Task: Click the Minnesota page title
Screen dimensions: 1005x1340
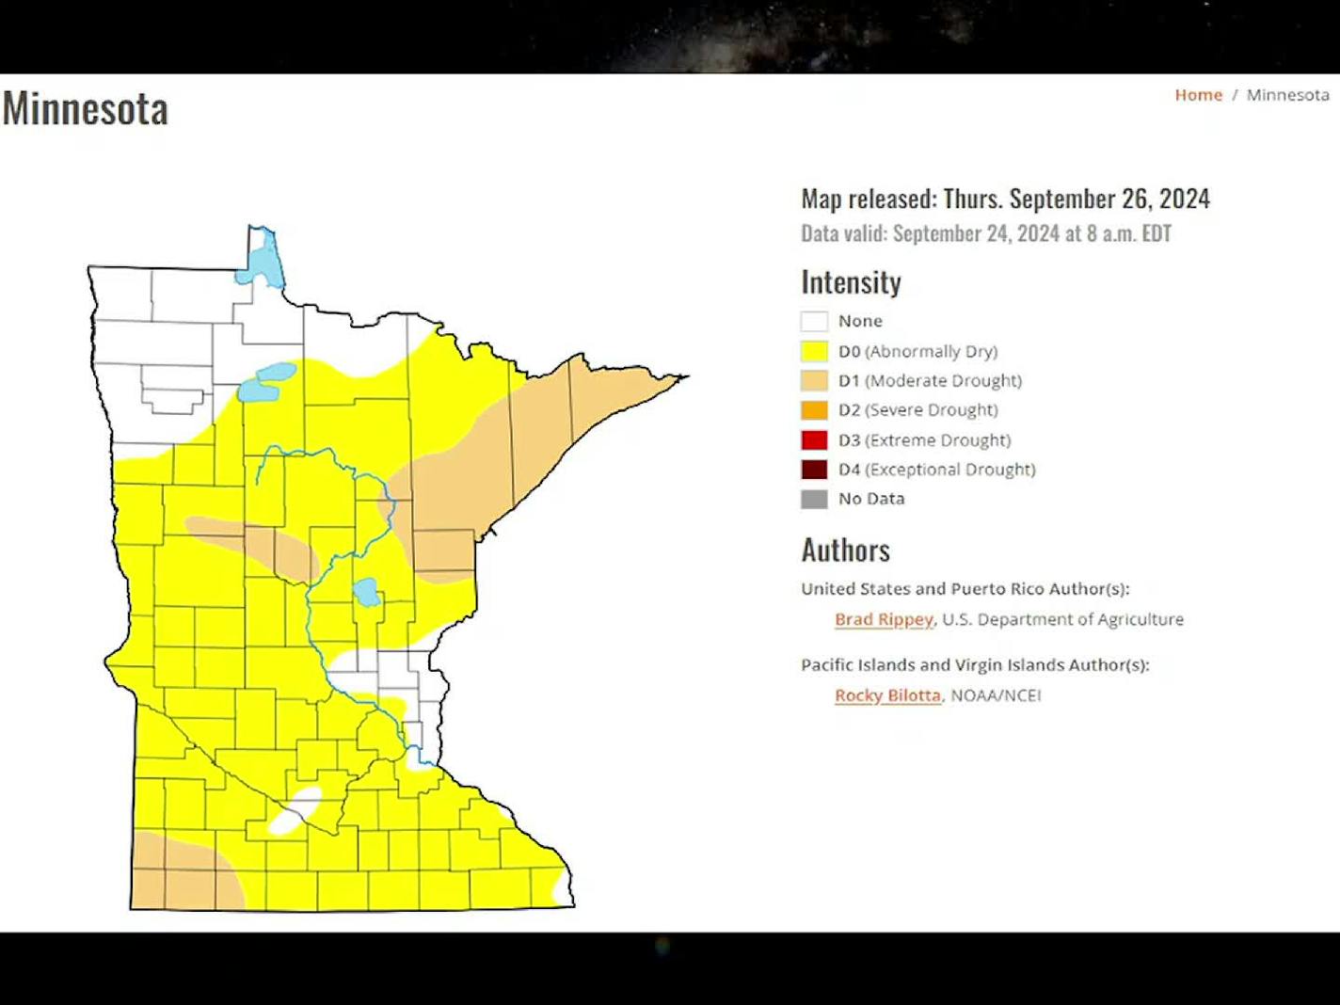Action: click(x=86, y=108)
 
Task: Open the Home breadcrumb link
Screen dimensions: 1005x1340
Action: click(x=1198, y=95)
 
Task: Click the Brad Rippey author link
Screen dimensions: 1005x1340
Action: click(x=883, y=619)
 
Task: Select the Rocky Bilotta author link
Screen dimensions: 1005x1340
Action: click(x=887, y=695)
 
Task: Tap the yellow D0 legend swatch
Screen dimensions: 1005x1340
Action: click(x=814, y=352)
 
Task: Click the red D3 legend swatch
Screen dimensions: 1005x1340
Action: click(x=814, y=440)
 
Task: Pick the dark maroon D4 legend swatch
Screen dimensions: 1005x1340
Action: click(x=814, y=470)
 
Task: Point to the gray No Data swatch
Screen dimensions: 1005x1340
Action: click(x=814, y=499)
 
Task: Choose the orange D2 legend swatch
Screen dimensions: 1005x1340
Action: click(x=814, y=410)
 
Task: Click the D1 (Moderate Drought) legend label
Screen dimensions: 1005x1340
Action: click(x=930, y=381)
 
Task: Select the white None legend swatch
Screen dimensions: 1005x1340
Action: click(x=814, y=322)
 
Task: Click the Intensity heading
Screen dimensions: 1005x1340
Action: click(x=851, y=282)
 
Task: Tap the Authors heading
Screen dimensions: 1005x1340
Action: click(x=845, y=550)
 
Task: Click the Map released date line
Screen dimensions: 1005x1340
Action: click(x=1005, y=199)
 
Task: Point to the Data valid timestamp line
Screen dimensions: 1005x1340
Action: click(x=985, y=233)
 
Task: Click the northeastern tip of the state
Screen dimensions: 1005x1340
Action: click(x=681, y=377)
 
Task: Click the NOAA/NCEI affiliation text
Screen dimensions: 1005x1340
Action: click(x=996, y=695)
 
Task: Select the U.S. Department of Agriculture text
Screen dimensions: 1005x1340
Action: click(x=1062, y=619)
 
